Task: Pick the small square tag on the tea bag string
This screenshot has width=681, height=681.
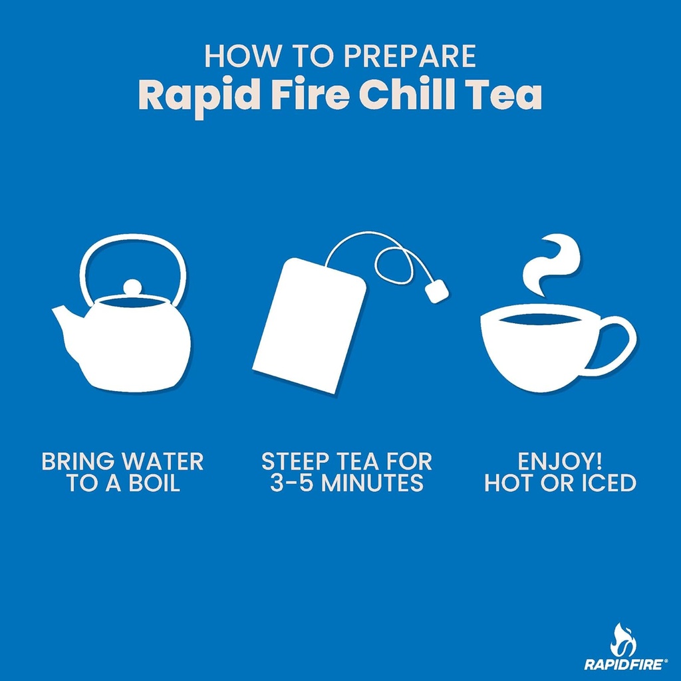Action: (x=436, y=290)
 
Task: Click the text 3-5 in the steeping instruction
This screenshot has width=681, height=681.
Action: (x=291, y=483)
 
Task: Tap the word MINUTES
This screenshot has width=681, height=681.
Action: (x=372, y=483)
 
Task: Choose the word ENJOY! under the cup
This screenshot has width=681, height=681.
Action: (x=561, y=461)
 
